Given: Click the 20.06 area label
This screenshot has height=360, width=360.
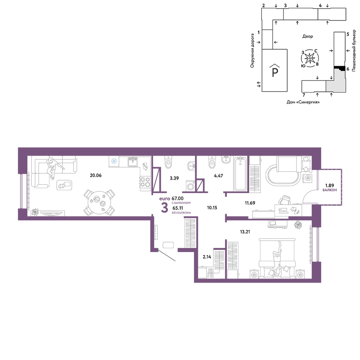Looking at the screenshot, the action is pyautogui.click(x=96, y=175).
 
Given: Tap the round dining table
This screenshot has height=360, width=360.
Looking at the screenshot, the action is pyautogui.click(x=100, y=202).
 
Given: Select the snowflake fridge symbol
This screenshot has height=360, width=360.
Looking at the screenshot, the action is pyautogui.click(x=114, y=161).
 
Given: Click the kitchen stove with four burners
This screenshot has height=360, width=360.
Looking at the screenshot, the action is pyautogui.click(x=145, y=182).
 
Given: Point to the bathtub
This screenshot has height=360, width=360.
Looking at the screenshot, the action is pyautogui.click(x=240, y=174).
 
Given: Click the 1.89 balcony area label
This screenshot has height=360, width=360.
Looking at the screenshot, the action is pyautogui.click(x=329, y=185).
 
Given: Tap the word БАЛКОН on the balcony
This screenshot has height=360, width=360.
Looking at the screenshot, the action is pyautogui.click(x=330, y=190).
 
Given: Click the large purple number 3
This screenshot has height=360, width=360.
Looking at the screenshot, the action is pyautogui.click(x=165, y=208).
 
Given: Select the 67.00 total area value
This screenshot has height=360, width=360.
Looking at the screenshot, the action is pyautogui.click(x=177, y=198).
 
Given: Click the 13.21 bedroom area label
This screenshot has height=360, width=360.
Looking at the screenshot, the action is pyautogui.click(x=245, y=232).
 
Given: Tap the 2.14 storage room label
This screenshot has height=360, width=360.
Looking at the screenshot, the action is pyautogui.click(x=207, y=257).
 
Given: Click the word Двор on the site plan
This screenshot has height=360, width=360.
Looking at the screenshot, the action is pyautogui.click(x=308, y=36).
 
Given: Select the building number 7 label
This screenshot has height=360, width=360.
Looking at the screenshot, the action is pyautogui.click(x=304, y=95).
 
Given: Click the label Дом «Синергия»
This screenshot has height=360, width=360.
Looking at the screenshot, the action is pyautogui.click(x=303, y=102).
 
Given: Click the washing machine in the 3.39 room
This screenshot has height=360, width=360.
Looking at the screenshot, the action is pyautogui.click(x=190, y=186).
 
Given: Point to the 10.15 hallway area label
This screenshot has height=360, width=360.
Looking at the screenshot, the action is pyautogui.click(x=212, y=208).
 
